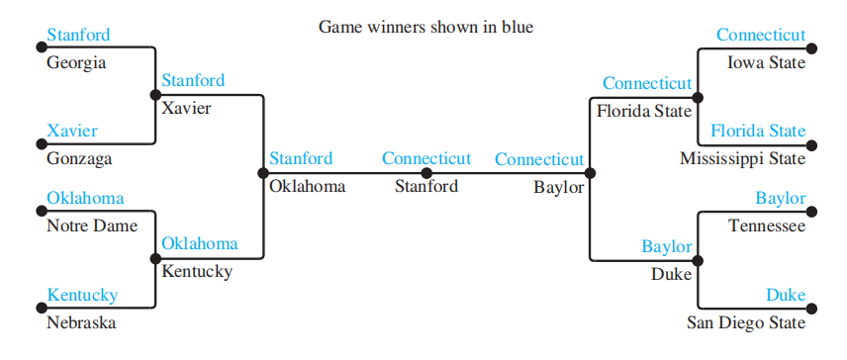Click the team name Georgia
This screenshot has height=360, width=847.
pos(76,63)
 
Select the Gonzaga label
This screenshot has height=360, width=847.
pos(79,159)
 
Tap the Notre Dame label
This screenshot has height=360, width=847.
pos(92,225)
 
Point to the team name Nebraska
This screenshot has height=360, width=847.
pos(81,322)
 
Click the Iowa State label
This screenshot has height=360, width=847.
pos(767,63)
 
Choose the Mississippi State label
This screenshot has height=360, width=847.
pos(743,159)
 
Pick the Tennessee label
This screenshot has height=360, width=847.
pos(767,225)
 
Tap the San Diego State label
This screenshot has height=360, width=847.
pos(746,322)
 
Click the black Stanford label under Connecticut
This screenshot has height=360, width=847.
pos(426,186)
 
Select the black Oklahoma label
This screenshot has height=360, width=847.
pos(308,186)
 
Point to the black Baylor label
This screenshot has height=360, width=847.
pos(558,187)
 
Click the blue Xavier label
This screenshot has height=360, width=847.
pos(72,131)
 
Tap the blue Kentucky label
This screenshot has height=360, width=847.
pos(82,296)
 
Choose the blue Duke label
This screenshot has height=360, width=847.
pos(786,296)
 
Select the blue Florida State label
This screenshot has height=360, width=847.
pos(758,131)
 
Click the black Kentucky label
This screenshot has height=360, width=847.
pos(197,271)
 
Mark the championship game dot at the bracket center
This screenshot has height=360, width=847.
pos(426,173)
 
